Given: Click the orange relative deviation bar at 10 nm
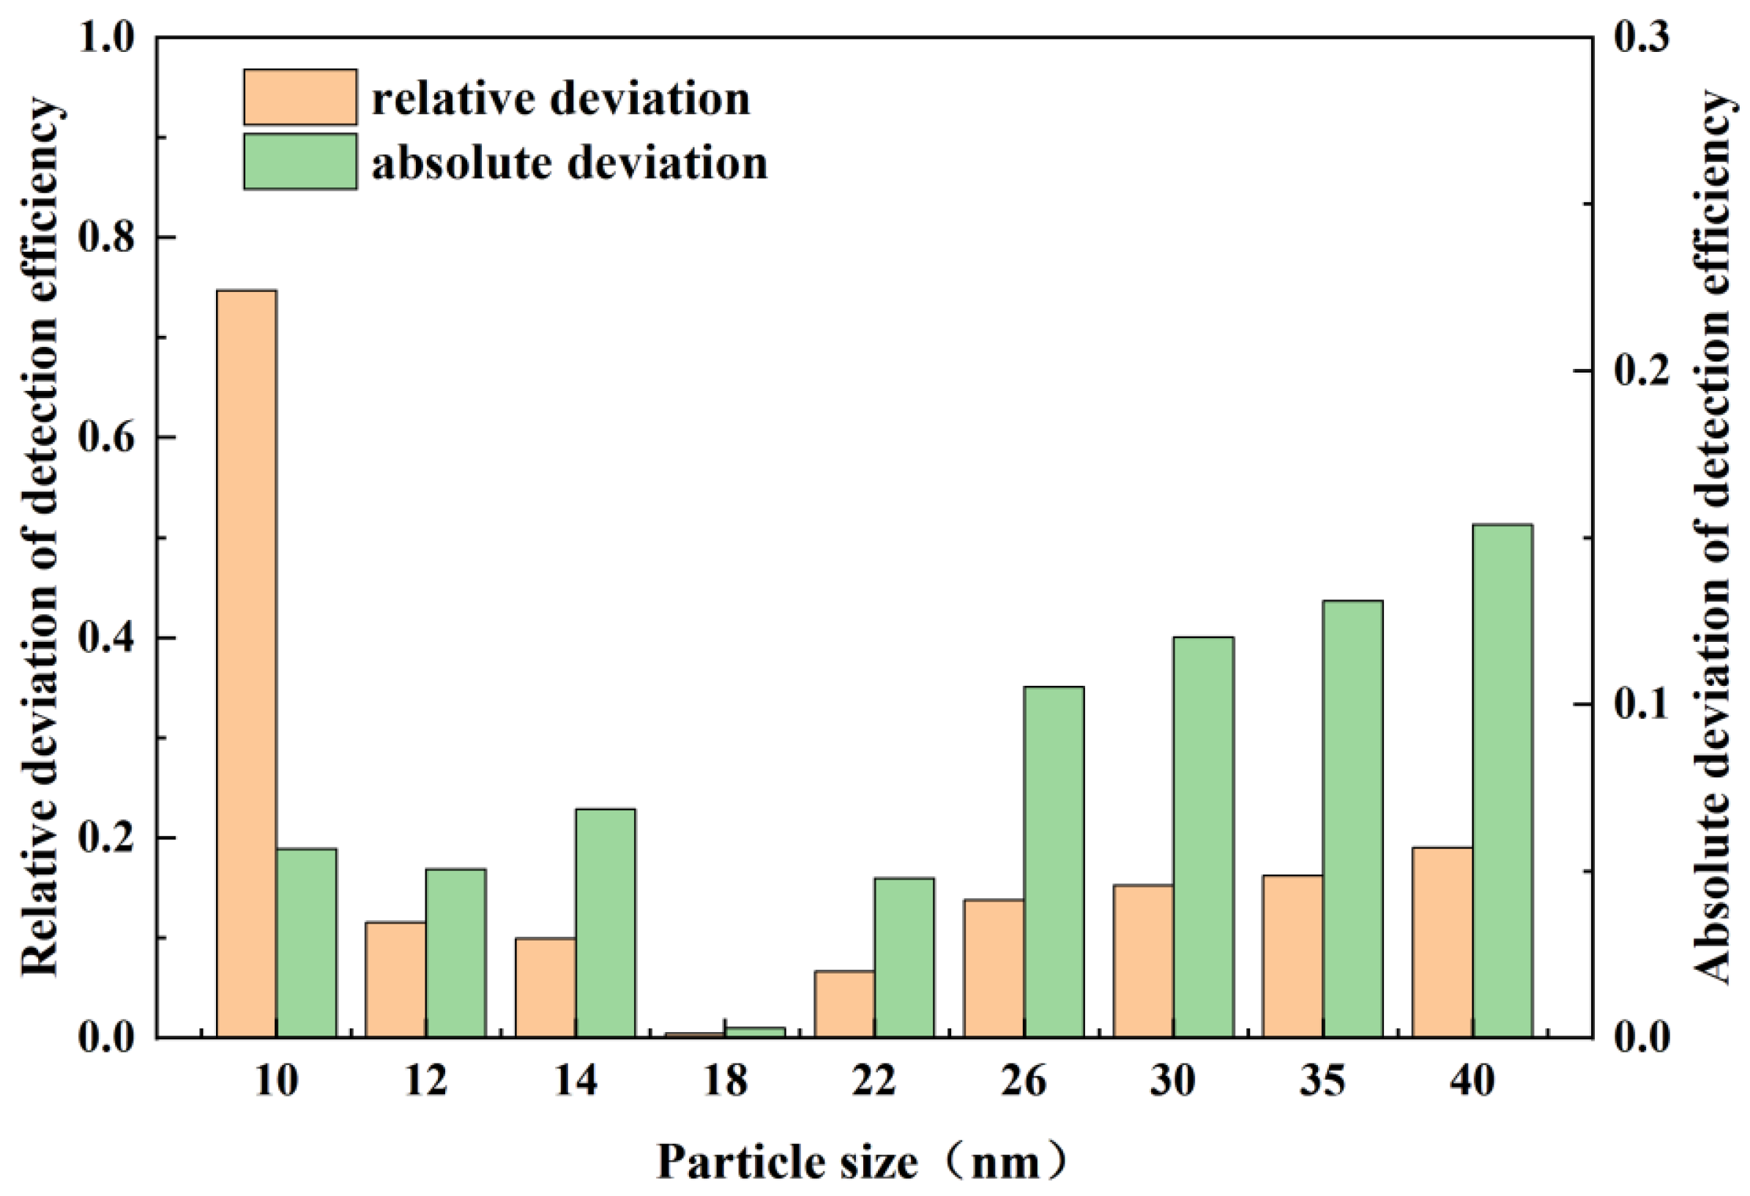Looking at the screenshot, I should click(246, 663).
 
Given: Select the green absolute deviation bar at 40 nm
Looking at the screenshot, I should click(1503, 780).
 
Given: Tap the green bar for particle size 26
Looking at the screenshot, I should click(1054, 862).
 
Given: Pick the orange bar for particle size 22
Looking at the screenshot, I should click(844, 1004).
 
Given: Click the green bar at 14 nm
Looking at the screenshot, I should click(605, 923).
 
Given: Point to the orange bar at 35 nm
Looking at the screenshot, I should click(1292, 956).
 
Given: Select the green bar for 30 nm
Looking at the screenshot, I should click(1203, 837).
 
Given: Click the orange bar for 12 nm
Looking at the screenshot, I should click(395, 979).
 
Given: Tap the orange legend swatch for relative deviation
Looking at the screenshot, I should click(299, 97).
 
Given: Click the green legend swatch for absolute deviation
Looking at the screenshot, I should click(299, 161).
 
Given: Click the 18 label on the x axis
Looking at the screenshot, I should click(725, 1082).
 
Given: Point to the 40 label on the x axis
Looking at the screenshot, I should click(1472, 1082).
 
